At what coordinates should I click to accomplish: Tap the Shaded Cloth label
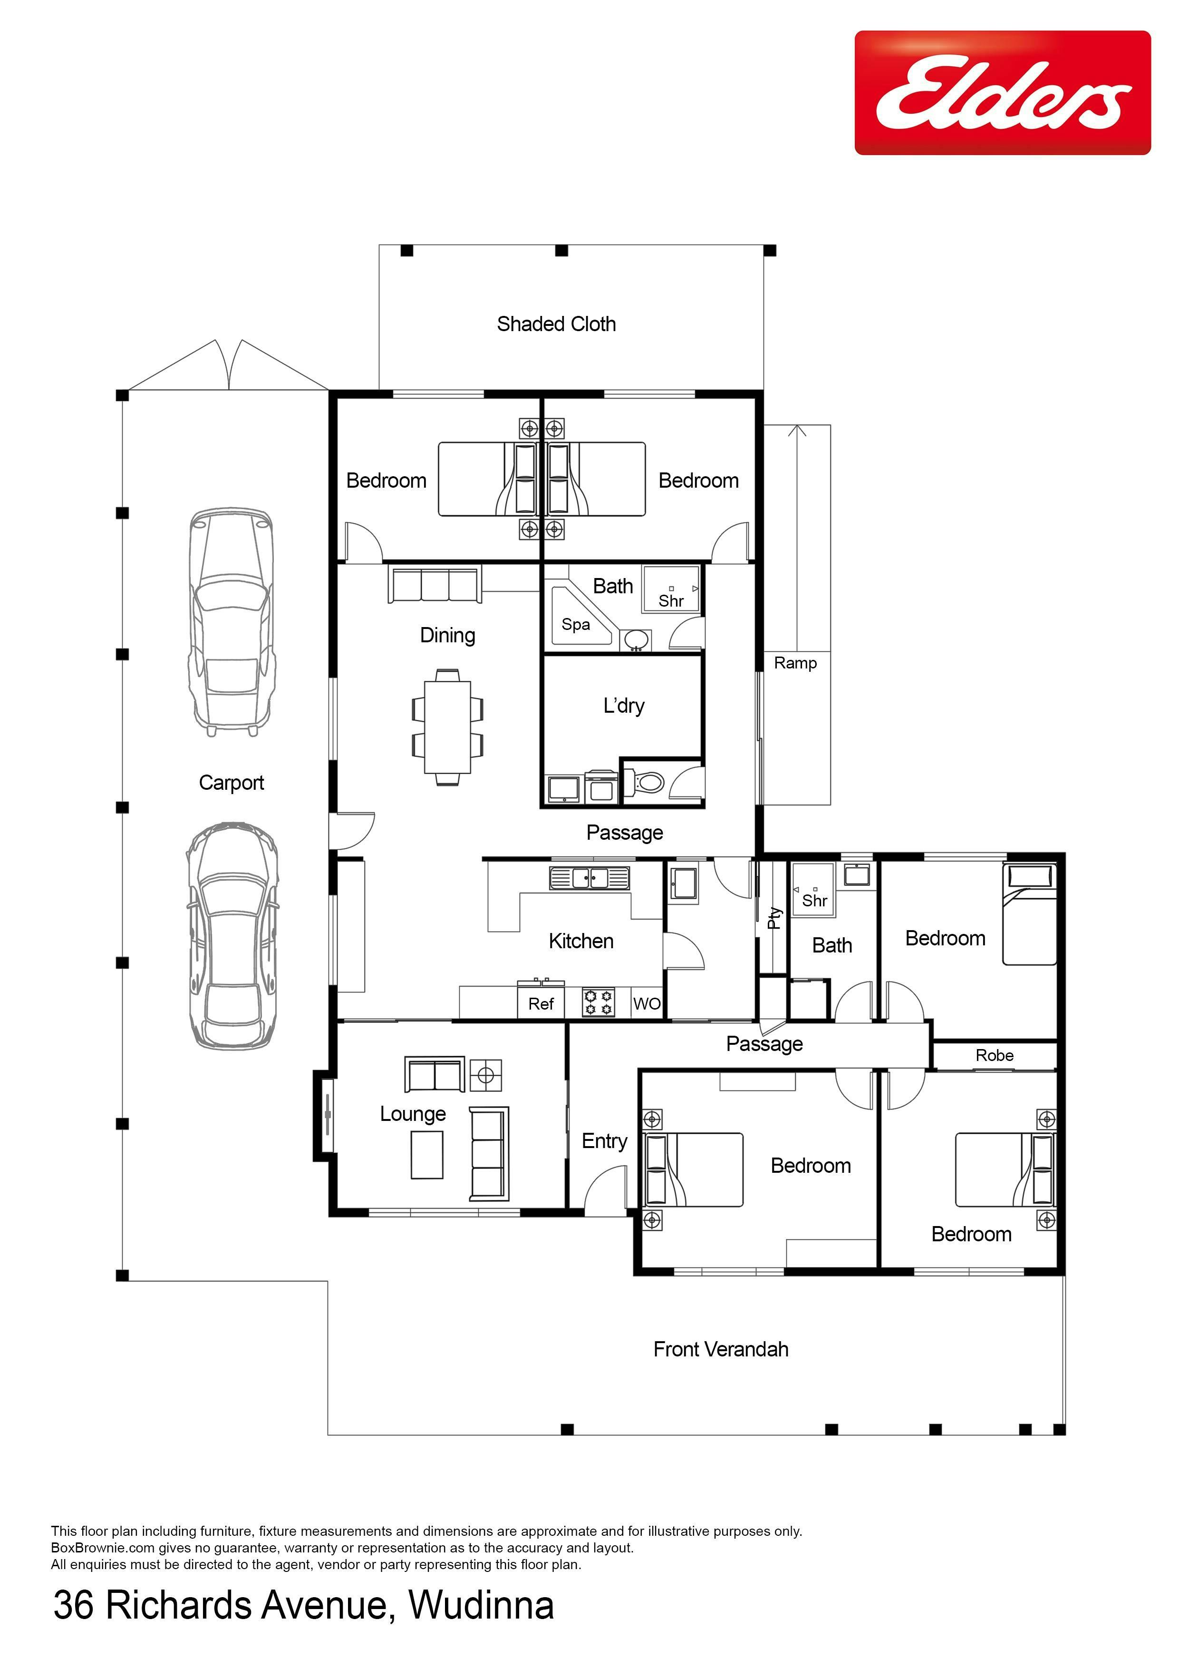[x=556, y=324]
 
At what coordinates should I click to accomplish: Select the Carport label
[x=231, y=783]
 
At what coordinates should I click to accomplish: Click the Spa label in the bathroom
[x=575, y=624]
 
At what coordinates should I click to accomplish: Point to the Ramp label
[x=795, y=663]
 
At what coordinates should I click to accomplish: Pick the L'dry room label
[x=624, y=706]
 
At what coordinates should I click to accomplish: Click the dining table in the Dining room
[x=447, y=727]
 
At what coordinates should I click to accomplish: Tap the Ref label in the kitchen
[x=541, y=1004]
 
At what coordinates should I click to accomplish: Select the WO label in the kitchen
[x=647, y=1004]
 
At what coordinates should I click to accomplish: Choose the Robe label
[x=995, y=1055]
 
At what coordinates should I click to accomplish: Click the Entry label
[x=604, y=1142]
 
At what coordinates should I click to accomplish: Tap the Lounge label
[x=413, y=1114]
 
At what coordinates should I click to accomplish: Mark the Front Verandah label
[x=721, y=1350]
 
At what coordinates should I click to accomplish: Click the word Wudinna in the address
[x=481, y=1605]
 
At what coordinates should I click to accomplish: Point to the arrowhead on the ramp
[x=798, y=431]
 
